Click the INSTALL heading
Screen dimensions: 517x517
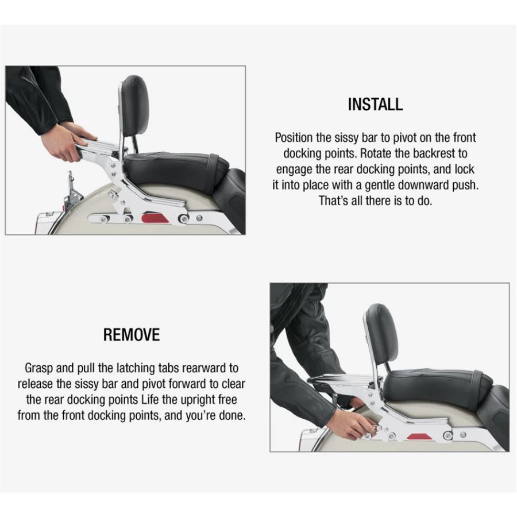tap(375, 104)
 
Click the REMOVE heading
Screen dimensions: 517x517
tap(132, 335)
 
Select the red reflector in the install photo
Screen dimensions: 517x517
tap(155, 218)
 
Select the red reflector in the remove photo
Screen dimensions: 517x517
tap(419, 437)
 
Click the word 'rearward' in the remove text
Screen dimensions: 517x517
tap(203, 368)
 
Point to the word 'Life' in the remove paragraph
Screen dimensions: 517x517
tap(150, 400)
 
